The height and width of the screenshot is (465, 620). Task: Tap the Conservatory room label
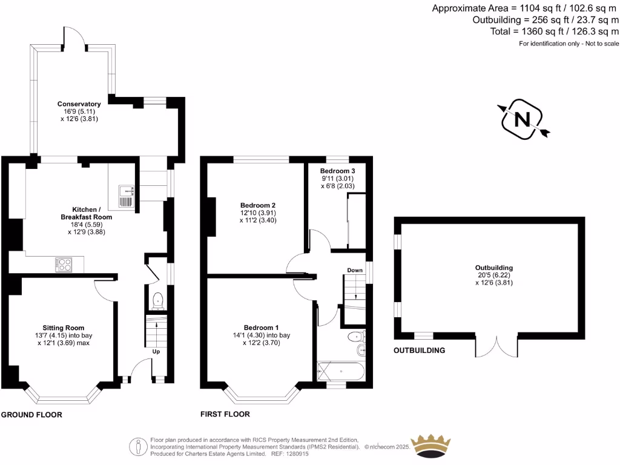(x=79, y=111)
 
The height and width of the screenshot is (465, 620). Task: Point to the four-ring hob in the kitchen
(x=63, y=265)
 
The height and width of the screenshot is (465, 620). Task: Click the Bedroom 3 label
(x=338, y=171)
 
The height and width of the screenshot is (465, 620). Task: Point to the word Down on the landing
(x=355, y=270)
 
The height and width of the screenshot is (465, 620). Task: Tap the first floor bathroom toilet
(x=355, y=337)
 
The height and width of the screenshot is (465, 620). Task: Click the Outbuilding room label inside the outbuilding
(x=494, y=268)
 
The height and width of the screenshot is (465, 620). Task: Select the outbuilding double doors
(x=496, y=346)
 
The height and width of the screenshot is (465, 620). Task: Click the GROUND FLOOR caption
(x=31, y=415)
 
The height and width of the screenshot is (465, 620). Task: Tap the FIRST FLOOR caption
(x=225, y=415)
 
